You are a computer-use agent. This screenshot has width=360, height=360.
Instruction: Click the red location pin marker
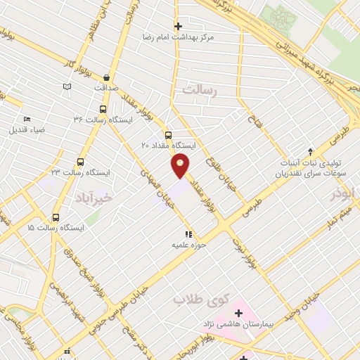click(x=181, y=165)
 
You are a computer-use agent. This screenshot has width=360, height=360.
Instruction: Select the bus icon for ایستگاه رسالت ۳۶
click(x=103, y=110)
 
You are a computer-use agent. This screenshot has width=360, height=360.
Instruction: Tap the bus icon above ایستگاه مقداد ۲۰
click(x=168, y=135)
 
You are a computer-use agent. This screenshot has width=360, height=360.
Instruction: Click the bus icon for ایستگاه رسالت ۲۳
click(x=80, y=162)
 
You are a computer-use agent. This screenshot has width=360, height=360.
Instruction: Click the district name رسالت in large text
click(x=201, y=89)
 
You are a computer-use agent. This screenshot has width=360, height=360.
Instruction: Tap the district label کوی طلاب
click(x=193, y=300)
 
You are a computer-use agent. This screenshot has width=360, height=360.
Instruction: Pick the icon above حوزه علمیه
click(x=188, y=234)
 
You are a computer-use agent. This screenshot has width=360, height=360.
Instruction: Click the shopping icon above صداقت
click(x=106, y=77)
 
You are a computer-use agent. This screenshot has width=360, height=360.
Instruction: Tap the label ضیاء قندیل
click(x=26, y=129)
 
